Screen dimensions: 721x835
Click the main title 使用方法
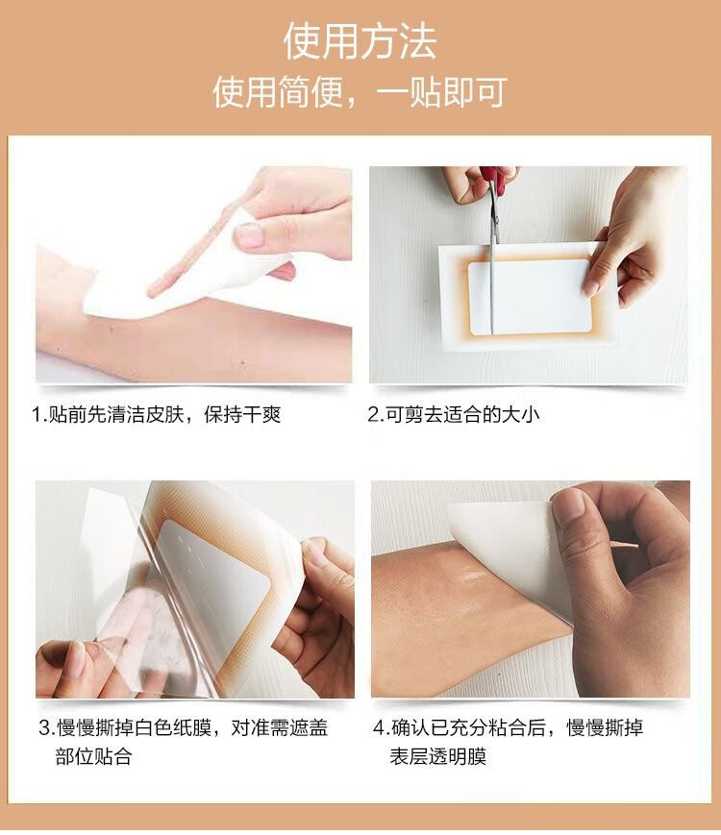360,41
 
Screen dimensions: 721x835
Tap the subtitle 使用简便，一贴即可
360,92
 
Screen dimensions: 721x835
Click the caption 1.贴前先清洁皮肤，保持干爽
156,414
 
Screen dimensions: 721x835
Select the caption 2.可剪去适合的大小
454,414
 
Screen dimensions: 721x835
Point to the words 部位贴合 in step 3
94,756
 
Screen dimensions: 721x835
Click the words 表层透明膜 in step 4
438,756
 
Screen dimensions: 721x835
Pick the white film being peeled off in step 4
507,553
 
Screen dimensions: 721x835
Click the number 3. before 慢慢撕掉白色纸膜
47,727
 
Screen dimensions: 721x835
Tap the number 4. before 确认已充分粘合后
382,727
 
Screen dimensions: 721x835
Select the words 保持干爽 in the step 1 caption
242,414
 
